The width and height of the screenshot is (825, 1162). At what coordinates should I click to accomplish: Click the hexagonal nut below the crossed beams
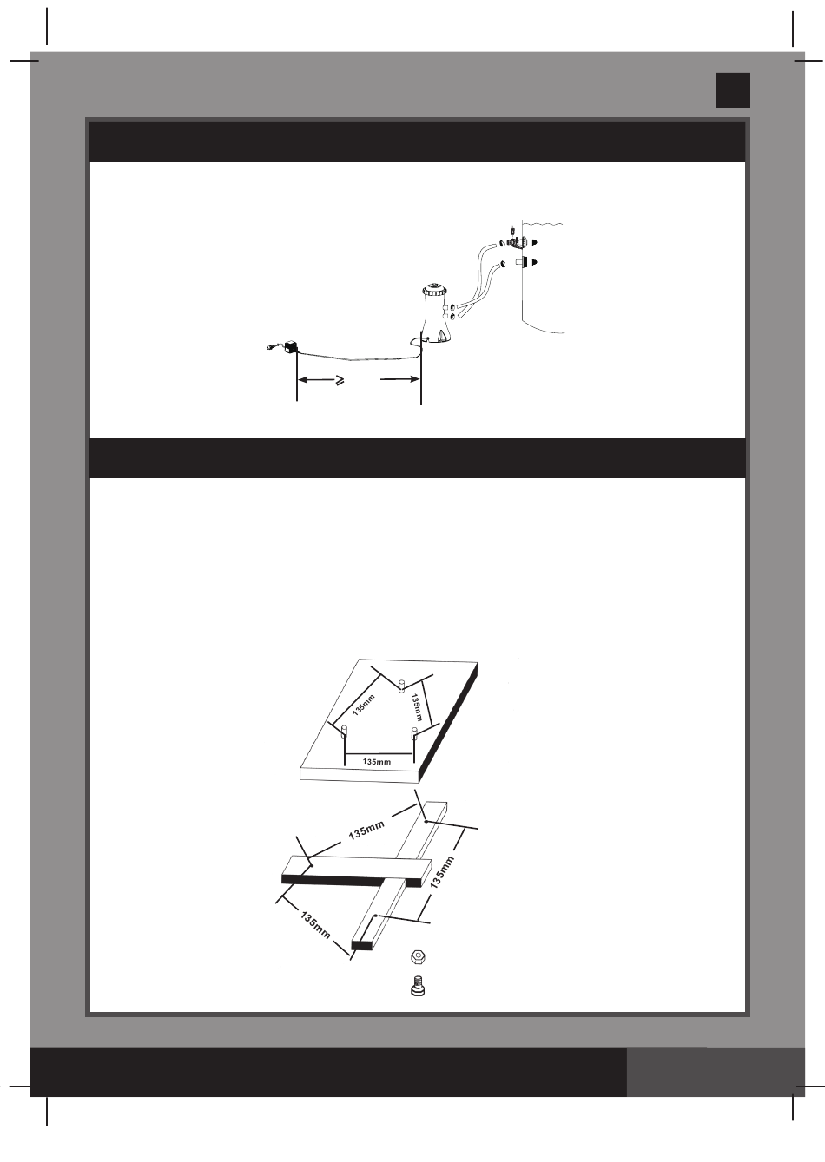[x=418, y=956]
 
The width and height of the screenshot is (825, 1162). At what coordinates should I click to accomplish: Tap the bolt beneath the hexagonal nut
[x=418, y=987]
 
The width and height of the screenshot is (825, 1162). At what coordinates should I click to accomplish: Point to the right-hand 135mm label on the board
[x=419, y=707]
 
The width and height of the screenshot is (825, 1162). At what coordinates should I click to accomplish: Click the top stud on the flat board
[x=400, y=686]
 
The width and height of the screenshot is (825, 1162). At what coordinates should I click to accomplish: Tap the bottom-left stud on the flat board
[x=345, y=731]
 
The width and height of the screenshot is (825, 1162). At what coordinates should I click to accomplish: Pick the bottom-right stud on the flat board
[x=414, y=734]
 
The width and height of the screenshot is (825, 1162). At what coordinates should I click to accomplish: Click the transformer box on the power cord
[x=291, y=345]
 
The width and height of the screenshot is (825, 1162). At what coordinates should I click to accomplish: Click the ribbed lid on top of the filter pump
[x=433, y=286]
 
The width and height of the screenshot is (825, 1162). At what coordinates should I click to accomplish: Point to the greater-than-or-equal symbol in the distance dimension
[x=340, y=379]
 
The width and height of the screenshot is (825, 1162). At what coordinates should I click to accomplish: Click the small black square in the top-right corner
[x=732, y=89]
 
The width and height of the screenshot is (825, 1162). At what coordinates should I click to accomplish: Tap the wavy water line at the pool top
[x=543, y=223]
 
